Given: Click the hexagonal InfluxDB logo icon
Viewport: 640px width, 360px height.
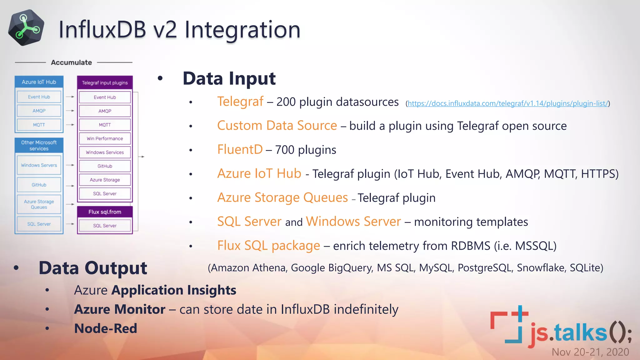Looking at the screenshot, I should (26, 27).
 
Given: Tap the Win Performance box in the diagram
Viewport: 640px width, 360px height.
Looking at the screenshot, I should (105, 138).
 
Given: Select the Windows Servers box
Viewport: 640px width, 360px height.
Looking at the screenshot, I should (39, 165).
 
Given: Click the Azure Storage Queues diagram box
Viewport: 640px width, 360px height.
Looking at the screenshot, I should (39, 204).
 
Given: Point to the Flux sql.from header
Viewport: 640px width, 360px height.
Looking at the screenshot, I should (105, 212).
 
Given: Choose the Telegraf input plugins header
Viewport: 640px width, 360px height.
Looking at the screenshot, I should (105, 83).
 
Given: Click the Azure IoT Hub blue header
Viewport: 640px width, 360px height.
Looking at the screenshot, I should (39, 82).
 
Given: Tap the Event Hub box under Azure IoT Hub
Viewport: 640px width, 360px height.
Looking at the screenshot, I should (39, 97).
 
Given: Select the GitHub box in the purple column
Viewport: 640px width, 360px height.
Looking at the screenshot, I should (105, 166).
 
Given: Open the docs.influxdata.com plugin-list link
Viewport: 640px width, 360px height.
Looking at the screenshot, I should (508, 103).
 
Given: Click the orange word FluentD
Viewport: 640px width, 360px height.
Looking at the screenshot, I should (240, 150).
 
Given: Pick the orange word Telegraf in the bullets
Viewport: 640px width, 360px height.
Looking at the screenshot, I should (240, 102).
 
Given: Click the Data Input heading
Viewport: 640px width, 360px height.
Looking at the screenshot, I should (229, 78).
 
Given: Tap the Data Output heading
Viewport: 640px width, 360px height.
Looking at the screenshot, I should (93, 268).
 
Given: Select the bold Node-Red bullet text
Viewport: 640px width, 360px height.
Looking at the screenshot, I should (106, 328).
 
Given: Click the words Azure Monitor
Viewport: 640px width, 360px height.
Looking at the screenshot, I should (120, 309).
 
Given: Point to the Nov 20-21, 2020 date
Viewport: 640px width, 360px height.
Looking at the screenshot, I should (590, 352).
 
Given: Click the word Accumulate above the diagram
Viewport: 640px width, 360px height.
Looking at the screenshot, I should (71, 62).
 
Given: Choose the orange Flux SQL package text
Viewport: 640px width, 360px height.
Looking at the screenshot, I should (268, 246).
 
